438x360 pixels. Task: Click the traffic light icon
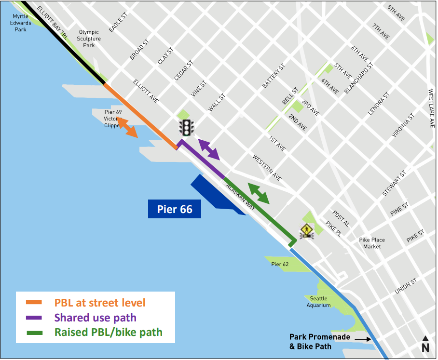coord(186,127)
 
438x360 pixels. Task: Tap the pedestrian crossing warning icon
coord(307,232)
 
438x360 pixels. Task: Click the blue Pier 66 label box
coord(174,209)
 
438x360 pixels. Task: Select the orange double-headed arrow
coord(127,127)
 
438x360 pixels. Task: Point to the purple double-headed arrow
coord(209,149)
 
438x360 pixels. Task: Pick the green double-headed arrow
coord(259,193)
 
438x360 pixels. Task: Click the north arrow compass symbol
coord(425,344)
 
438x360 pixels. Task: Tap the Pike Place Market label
coord(372,243)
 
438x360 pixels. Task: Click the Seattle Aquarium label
coord(319,302)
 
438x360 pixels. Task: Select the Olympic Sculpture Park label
coord(89,39)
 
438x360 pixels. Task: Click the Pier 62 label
coord(280,264)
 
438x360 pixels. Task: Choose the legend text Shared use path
coord(96,318)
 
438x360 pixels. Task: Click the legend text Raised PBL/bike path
coord(109,332)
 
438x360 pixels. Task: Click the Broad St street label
coord(139,50)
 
